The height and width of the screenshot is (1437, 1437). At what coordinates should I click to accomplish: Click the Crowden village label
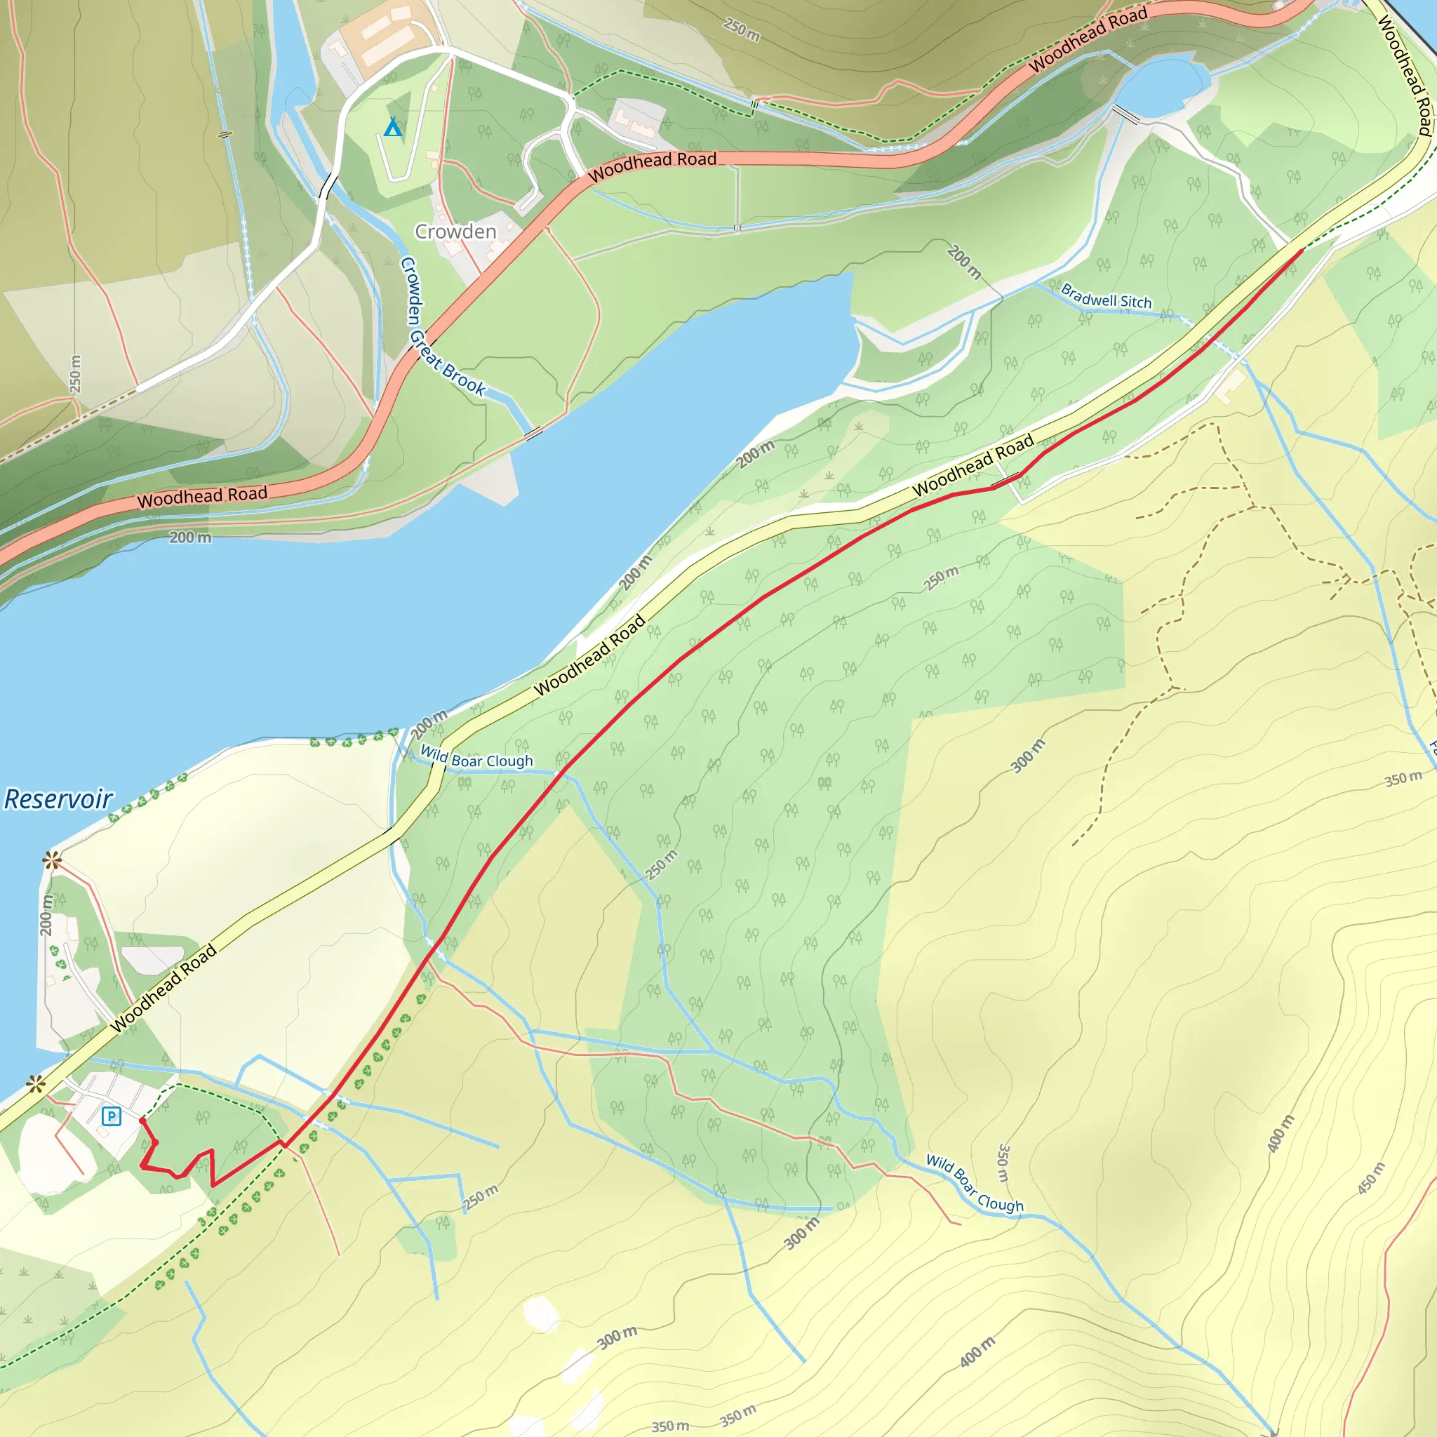pos(455,232)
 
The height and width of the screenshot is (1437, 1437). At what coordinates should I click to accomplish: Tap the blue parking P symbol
pos(112,1116)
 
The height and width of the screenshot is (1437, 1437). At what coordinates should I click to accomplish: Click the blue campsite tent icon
pos(393,127)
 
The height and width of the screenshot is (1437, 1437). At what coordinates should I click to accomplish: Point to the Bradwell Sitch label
pos(1106,296)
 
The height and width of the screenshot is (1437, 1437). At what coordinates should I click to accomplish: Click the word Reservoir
pos(58,800)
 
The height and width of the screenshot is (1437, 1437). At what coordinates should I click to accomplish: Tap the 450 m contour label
pos(1371,1178)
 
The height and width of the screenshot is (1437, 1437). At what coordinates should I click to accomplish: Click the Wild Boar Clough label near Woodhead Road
pos(476,758)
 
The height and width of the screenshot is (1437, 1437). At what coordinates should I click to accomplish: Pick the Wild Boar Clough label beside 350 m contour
pos(975,1184)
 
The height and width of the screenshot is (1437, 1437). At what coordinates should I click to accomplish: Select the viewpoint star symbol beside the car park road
pos(35,1085)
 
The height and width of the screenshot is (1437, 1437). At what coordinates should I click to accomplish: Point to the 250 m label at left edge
pos(75,373)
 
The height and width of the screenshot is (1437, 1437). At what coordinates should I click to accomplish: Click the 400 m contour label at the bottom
pos(977,1351)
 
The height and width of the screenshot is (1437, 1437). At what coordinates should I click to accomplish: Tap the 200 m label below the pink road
pos(189,537)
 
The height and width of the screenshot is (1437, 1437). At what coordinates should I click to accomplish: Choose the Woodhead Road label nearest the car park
pos(163,988)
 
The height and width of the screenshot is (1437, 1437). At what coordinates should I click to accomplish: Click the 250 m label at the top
pos(742,29)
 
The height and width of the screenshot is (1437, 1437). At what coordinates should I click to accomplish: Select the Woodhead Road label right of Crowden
pos(653,166)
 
